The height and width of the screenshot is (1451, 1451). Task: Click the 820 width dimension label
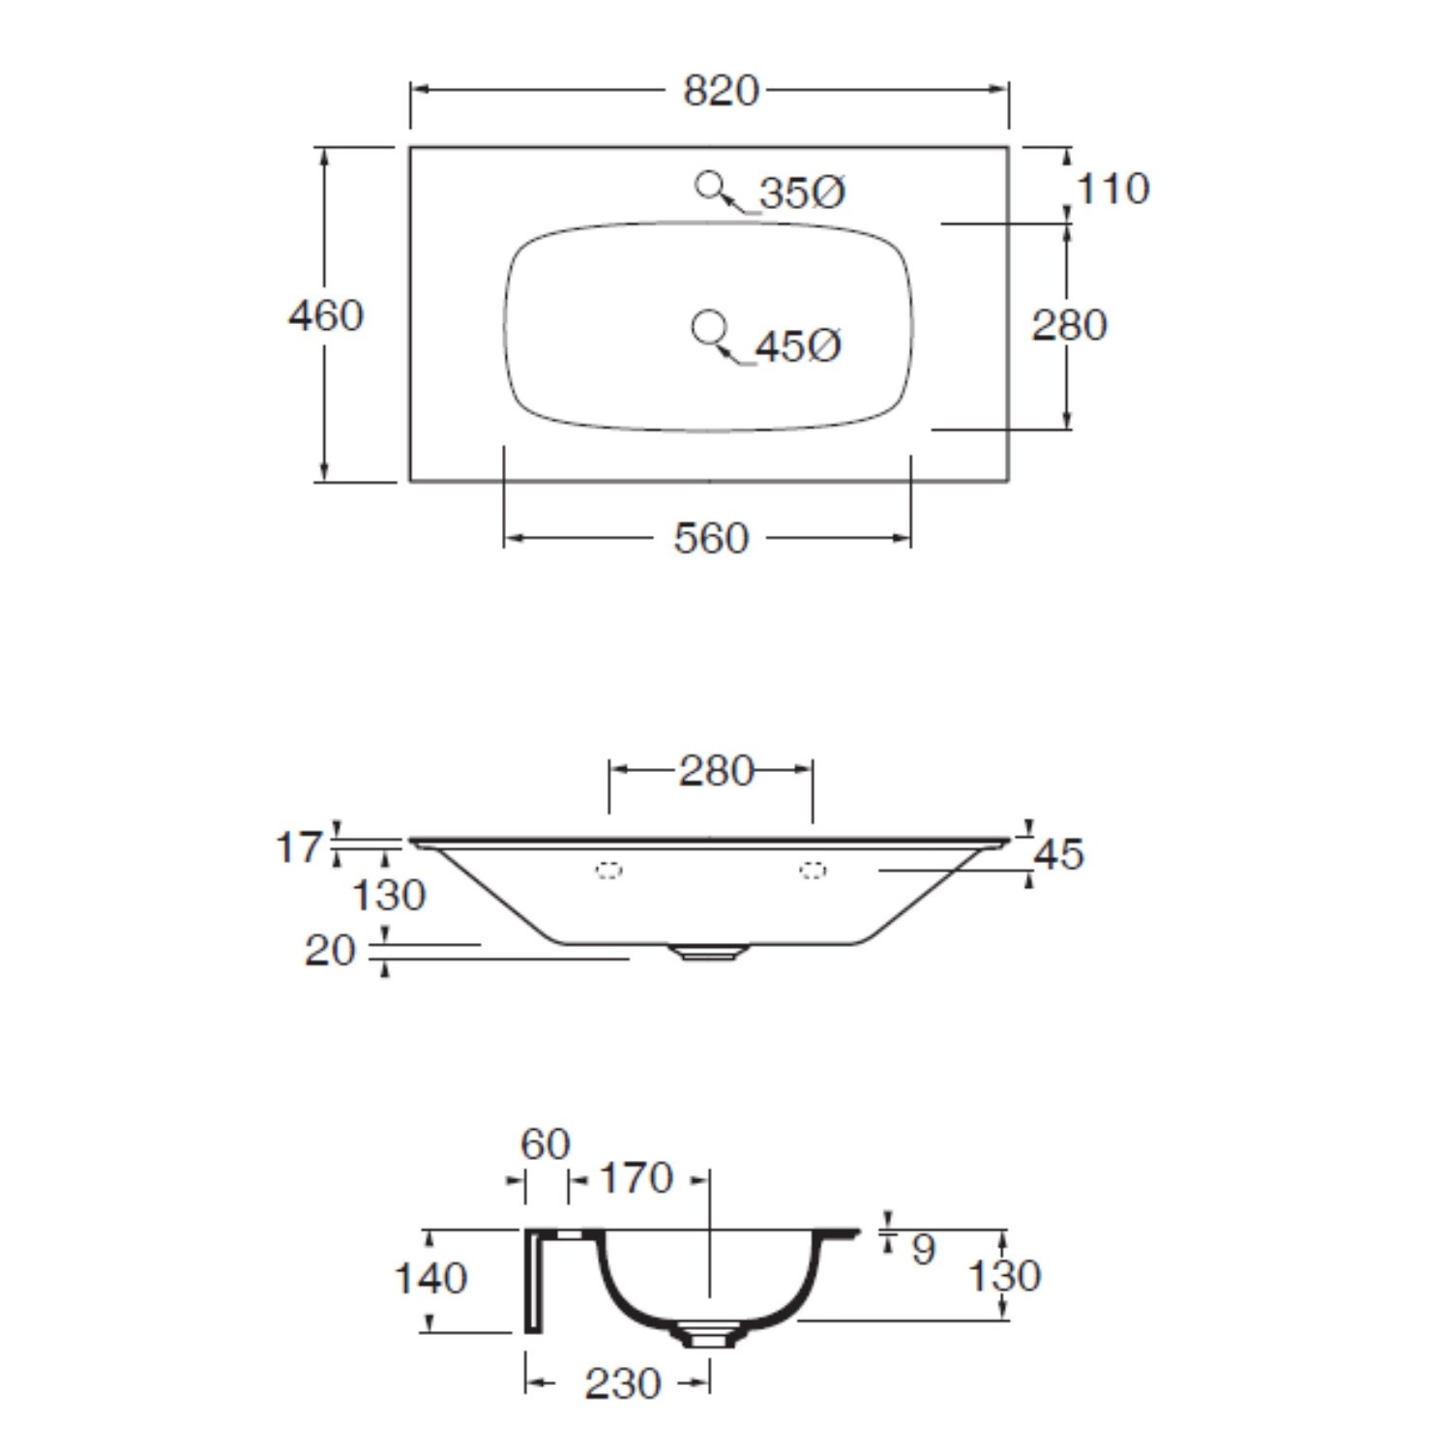click(x=721, y=91)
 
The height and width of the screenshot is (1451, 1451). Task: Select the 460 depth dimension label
click(x=326, y=315)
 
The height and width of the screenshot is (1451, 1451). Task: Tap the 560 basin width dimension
click(x=711, y=539)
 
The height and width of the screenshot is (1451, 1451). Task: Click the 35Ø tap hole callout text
click(x=802, y=192)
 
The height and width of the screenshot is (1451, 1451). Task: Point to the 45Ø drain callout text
click(x=798, y=345)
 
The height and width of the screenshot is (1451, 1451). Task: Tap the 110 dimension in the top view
click(x=1112, y=189)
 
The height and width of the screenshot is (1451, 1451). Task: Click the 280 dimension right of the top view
click(x=1068, y=325)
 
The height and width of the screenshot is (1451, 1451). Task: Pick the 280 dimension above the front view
click(x=716, y=771)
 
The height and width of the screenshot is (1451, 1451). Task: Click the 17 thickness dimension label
click(x=298, y=847)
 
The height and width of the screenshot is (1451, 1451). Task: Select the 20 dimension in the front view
click(x=330, y=950)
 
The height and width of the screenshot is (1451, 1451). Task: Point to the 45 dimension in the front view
click(x=1059, y=854)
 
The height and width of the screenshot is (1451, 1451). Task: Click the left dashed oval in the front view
click(x=608, y=871)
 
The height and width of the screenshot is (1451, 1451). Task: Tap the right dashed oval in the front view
click(x=813, y=871)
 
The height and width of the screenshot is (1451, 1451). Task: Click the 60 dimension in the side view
click(x=546, y=1144)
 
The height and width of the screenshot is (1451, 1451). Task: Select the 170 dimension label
click(x=636, y=1178)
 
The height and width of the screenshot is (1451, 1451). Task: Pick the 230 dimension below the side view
click(x=622, y=1384)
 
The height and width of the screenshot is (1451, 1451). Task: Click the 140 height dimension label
click(x=430, y=1279)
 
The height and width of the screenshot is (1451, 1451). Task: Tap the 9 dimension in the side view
click(x=923, y=1249)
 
